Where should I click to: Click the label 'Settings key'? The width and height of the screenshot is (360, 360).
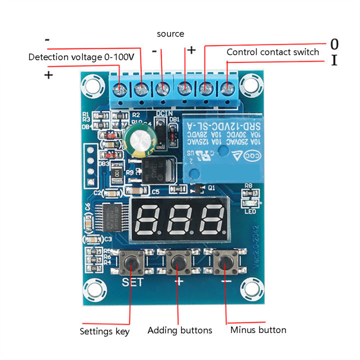pyautogui.click(x=104, y=331)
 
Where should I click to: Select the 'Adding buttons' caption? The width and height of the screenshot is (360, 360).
pyautogui.click(x=179, y=330)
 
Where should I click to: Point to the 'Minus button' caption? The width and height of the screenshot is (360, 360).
pyautogui.click(x=258, y=330)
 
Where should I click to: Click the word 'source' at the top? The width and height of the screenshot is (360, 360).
pyautogui.click(x=170, y=34)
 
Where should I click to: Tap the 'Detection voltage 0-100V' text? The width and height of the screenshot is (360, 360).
pyautogui.click(x=81, y=57)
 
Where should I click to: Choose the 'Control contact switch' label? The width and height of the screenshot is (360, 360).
pyautogui.click(x=272, y=52)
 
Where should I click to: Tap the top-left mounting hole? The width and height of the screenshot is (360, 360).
pyautogui.click(x=92, y=83)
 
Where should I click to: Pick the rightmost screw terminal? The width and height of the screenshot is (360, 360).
pyautogui.click(x=228, y=90)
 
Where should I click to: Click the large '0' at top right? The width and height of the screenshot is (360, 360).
pyautogui.click(x=334, y=44)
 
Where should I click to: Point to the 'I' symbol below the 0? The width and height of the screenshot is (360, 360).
pyautogui.click(x=334, y=61)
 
